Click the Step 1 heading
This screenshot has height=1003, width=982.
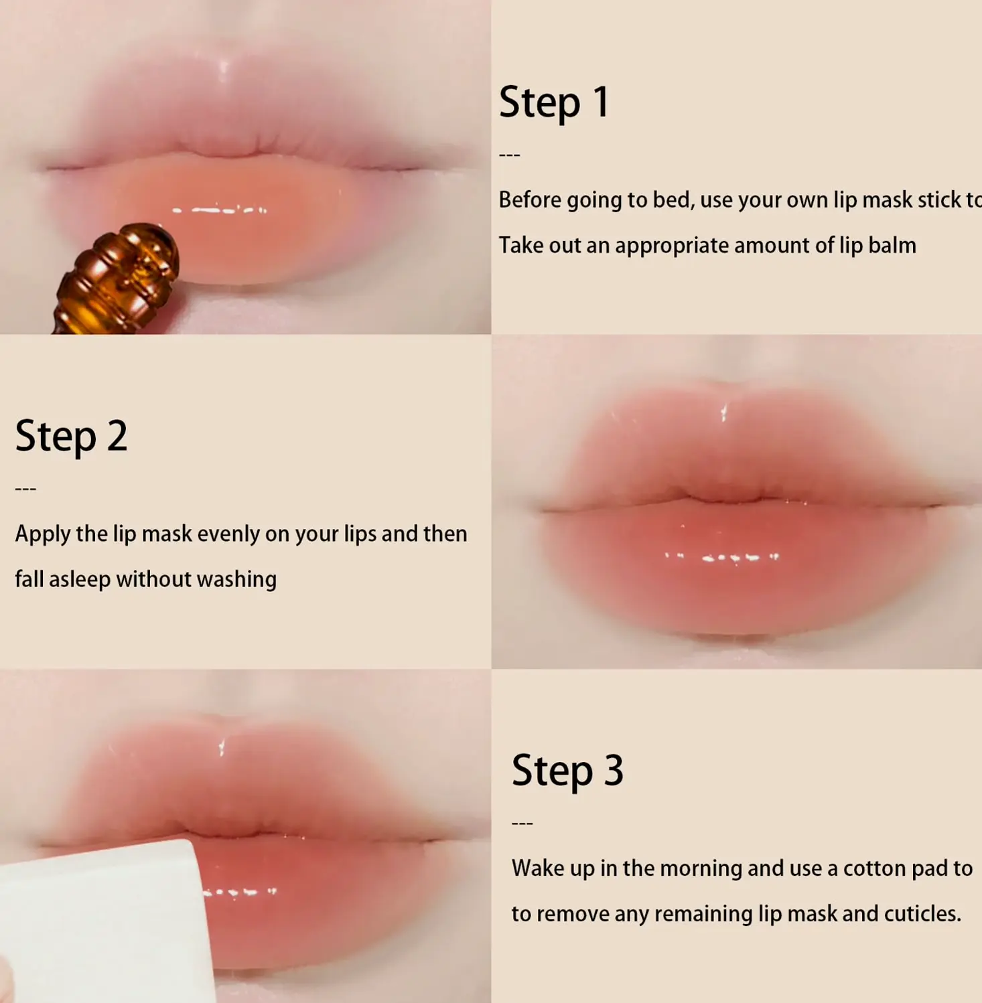point(554,103)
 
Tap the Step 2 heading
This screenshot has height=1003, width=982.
point(71,437)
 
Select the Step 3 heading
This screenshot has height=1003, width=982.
point(567,771)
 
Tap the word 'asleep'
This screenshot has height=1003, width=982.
point(80,580)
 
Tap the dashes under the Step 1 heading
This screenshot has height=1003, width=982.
point(510,155)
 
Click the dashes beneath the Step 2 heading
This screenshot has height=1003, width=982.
point(25,489)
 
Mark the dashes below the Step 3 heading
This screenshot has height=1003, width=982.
point(522,824)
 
